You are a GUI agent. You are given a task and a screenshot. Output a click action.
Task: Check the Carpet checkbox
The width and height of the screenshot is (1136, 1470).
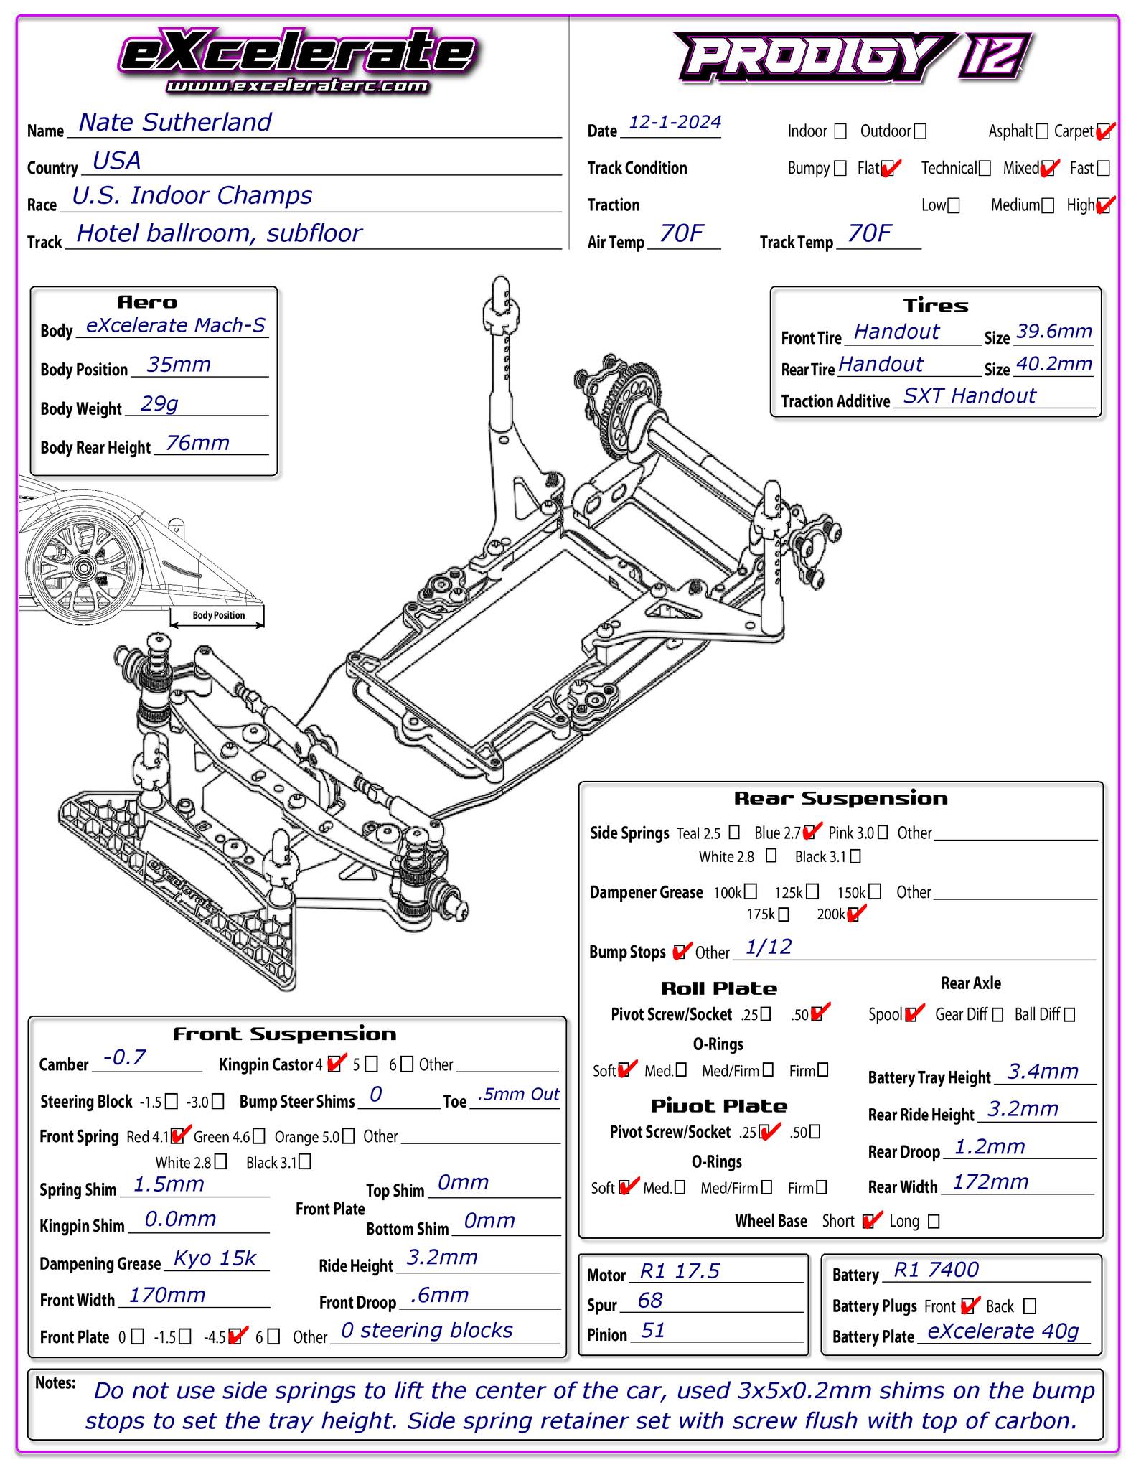1104,131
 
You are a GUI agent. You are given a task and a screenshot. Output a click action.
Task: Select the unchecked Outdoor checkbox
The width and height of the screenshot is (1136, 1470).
920,131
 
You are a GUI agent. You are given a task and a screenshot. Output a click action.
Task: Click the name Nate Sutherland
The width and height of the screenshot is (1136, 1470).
174,123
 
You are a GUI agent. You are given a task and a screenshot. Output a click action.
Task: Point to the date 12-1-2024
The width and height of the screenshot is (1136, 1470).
675,123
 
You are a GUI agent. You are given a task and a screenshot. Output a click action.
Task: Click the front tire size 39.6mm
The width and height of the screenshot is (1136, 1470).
1053,332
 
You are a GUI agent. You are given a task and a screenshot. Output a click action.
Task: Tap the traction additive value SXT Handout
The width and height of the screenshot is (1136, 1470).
969,396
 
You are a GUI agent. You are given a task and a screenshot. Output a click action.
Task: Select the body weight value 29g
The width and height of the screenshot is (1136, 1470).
159,404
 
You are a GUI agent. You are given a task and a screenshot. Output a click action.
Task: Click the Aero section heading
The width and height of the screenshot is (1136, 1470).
147,302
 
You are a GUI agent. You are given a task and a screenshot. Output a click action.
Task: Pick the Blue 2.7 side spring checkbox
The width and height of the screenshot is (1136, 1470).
810,833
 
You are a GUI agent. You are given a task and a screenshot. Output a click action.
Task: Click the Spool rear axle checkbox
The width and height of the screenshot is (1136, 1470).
912,1014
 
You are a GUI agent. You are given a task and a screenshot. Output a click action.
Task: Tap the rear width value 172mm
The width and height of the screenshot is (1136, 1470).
990,1182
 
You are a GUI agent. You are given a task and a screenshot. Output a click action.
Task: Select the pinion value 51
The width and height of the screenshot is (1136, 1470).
652,1331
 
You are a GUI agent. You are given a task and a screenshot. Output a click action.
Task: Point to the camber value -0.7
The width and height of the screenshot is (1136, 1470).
125,1057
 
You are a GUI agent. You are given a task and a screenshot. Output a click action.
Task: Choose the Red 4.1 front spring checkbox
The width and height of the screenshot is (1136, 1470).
179,1136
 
